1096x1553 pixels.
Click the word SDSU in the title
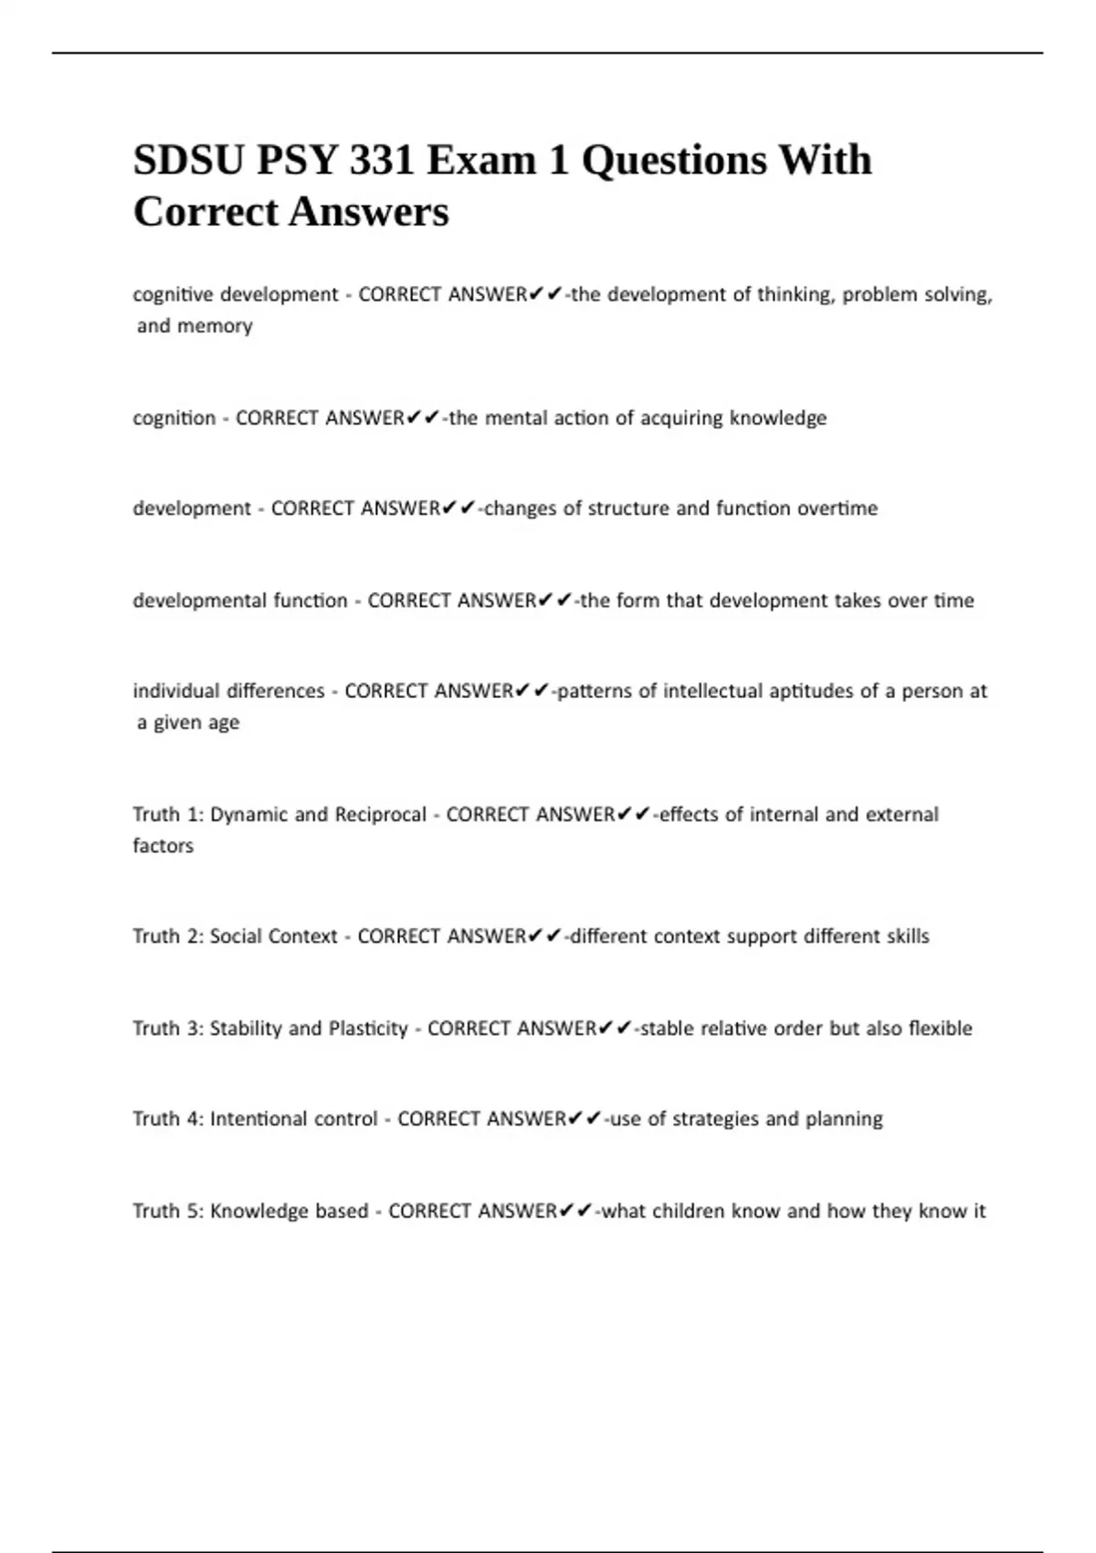coord(188,161)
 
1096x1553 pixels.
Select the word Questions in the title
coord(674,161)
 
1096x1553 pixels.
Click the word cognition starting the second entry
coord(174,418)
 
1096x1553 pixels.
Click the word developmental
coord(194,600)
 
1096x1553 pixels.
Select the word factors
coord(163,846)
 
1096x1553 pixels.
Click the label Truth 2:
coord(168,936)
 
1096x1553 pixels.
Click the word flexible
coord(940,1029)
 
